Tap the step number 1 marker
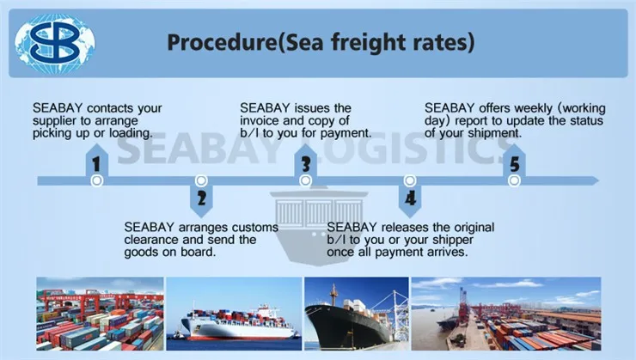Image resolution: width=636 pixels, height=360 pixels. point(96,162)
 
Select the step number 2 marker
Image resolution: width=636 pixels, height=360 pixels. point(201,200)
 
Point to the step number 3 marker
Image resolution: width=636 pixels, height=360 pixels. point(305,162)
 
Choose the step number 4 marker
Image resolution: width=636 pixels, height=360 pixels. point(410,200)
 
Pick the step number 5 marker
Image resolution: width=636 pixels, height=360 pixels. point(514,162)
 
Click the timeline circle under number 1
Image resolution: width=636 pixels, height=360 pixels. point(97,180)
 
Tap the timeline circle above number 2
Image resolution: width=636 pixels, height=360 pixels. point(201,180)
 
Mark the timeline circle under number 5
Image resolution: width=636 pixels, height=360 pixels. point(514,180)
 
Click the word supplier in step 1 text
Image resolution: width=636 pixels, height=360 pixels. point(58,121)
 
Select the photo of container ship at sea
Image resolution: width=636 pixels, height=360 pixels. point(234,313)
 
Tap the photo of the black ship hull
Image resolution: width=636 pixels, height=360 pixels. point(355,313)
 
